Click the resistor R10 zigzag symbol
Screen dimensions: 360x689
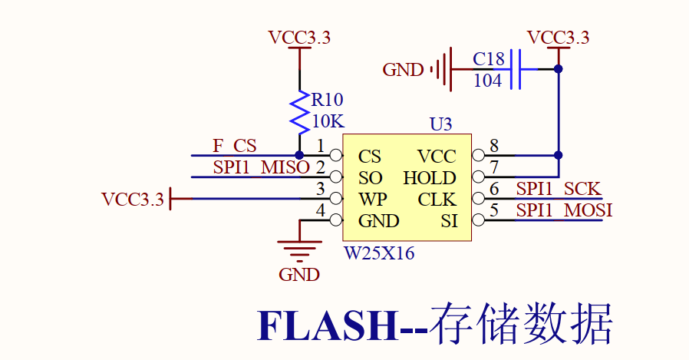point(299,111)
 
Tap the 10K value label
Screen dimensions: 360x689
point(328,121)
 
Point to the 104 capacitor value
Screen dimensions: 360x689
point(488,80)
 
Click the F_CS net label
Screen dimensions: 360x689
point(234,145)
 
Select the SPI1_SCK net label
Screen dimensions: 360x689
point(559,189)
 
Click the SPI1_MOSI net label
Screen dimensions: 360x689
point(564,210)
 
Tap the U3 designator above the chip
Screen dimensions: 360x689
point(441,124)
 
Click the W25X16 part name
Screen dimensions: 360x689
point(379,253)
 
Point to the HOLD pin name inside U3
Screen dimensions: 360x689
point(430,178)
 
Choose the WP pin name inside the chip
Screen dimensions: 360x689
point(372,200)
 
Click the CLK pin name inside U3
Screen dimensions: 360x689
point(437,200)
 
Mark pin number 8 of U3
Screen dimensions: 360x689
point(494,146)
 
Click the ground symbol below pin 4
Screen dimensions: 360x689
point(299,247)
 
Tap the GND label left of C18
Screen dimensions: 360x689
point(403,71)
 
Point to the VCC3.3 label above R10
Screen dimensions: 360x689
point(299,37)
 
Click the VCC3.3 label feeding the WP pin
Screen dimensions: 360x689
point(133,200)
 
